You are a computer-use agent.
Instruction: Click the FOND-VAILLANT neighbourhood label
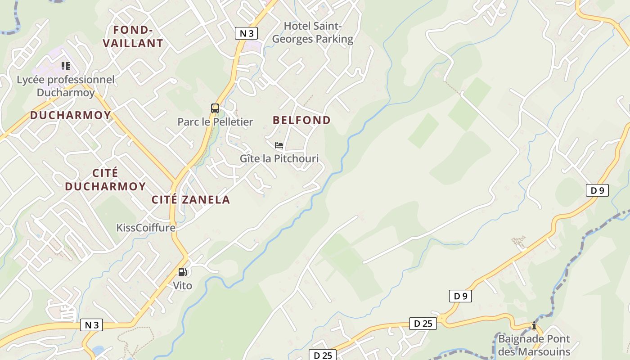point(133,36)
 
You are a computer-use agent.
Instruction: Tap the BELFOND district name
point(301,120)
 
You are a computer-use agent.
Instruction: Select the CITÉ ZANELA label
point(191,200)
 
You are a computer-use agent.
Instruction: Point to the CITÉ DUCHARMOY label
point(105,180)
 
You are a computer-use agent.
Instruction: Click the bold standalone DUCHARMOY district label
point(70,115)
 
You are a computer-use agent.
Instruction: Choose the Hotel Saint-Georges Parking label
point(313,32)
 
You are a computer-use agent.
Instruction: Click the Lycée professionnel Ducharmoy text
point(66,86)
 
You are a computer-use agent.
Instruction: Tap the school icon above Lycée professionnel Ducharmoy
point(66,67)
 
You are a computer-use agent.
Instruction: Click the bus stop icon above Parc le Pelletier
point(215,108)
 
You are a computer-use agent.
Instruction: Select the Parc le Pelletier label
point(215,121)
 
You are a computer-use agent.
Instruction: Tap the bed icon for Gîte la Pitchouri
point(279,145)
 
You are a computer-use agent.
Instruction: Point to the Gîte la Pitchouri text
point(279,158)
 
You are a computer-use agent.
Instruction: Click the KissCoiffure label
point(146,227)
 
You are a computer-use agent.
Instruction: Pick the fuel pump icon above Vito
point(182,272)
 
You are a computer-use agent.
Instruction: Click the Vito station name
point(182,285)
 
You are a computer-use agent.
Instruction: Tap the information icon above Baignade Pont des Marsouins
point(534,325)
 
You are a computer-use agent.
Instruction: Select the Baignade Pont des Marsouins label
point(534,345)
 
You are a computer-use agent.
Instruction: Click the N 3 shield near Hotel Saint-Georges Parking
point(247,33)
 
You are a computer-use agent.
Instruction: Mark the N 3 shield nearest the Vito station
point(91,325)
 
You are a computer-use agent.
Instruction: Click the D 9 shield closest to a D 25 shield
point(460,296)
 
